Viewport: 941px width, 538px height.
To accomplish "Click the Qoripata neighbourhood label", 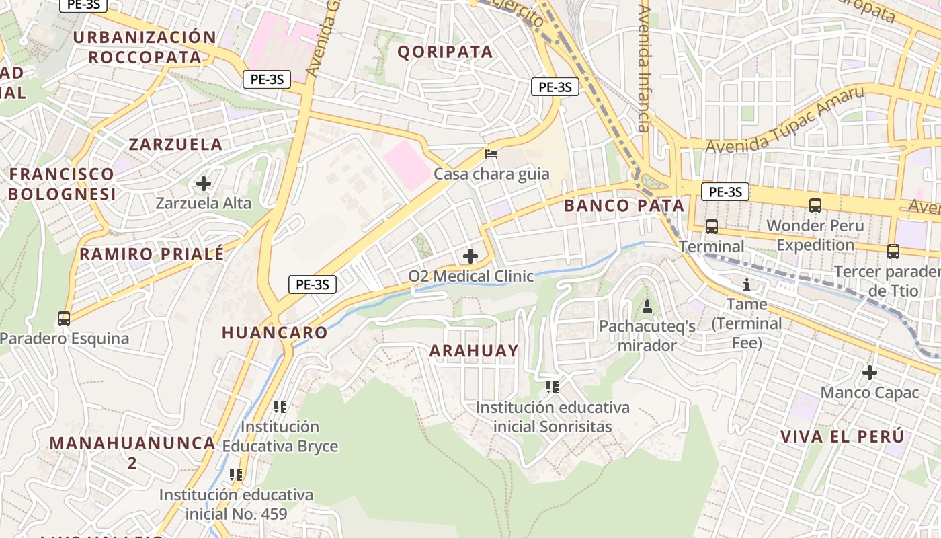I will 445,52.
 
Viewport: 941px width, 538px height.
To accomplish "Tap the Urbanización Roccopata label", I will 145,47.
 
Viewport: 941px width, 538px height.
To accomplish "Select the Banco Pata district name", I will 624,206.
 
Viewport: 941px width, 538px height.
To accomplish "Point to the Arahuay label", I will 474,350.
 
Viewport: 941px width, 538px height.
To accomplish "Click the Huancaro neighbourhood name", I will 275,332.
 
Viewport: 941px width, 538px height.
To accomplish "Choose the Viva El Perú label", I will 843,436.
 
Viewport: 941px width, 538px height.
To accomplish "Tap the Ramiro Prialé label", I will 152,254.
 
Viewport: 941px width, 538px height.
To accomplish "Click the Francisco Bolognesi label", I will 62,184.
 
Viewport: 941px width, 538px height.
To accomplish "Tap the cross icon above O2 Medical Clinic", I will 470,256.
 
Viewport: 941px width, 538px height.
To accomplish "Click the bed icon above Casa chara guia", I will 491,154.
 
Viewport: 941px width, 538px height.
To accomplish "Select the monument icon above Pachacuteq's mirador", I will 647,307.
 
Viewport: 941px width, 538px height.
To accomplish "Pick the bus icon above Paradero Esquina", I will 64,318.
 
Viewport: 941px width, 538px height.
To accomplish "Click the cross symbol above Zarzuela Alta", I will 204,183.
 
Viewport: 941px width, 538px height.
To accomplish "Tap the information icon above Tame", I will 746,284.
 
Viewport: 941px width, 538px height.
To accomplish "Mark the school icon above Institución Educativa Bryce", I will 280,406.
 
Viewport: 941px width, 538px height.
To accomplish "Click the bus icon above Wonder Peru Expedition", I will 815,206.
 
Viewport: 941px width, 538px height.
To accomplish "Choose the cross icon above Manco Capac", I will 870,372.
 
